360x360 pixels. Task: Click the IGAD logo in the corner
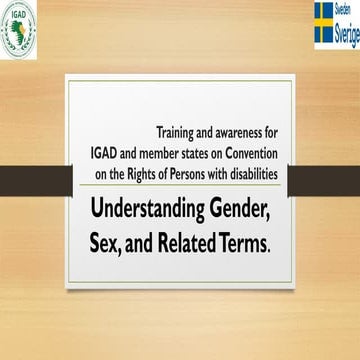click(18, 29)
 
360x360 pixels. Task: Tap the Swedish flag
click(324, 24)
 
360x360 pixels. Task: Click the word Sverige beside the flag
click(346, 30)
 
